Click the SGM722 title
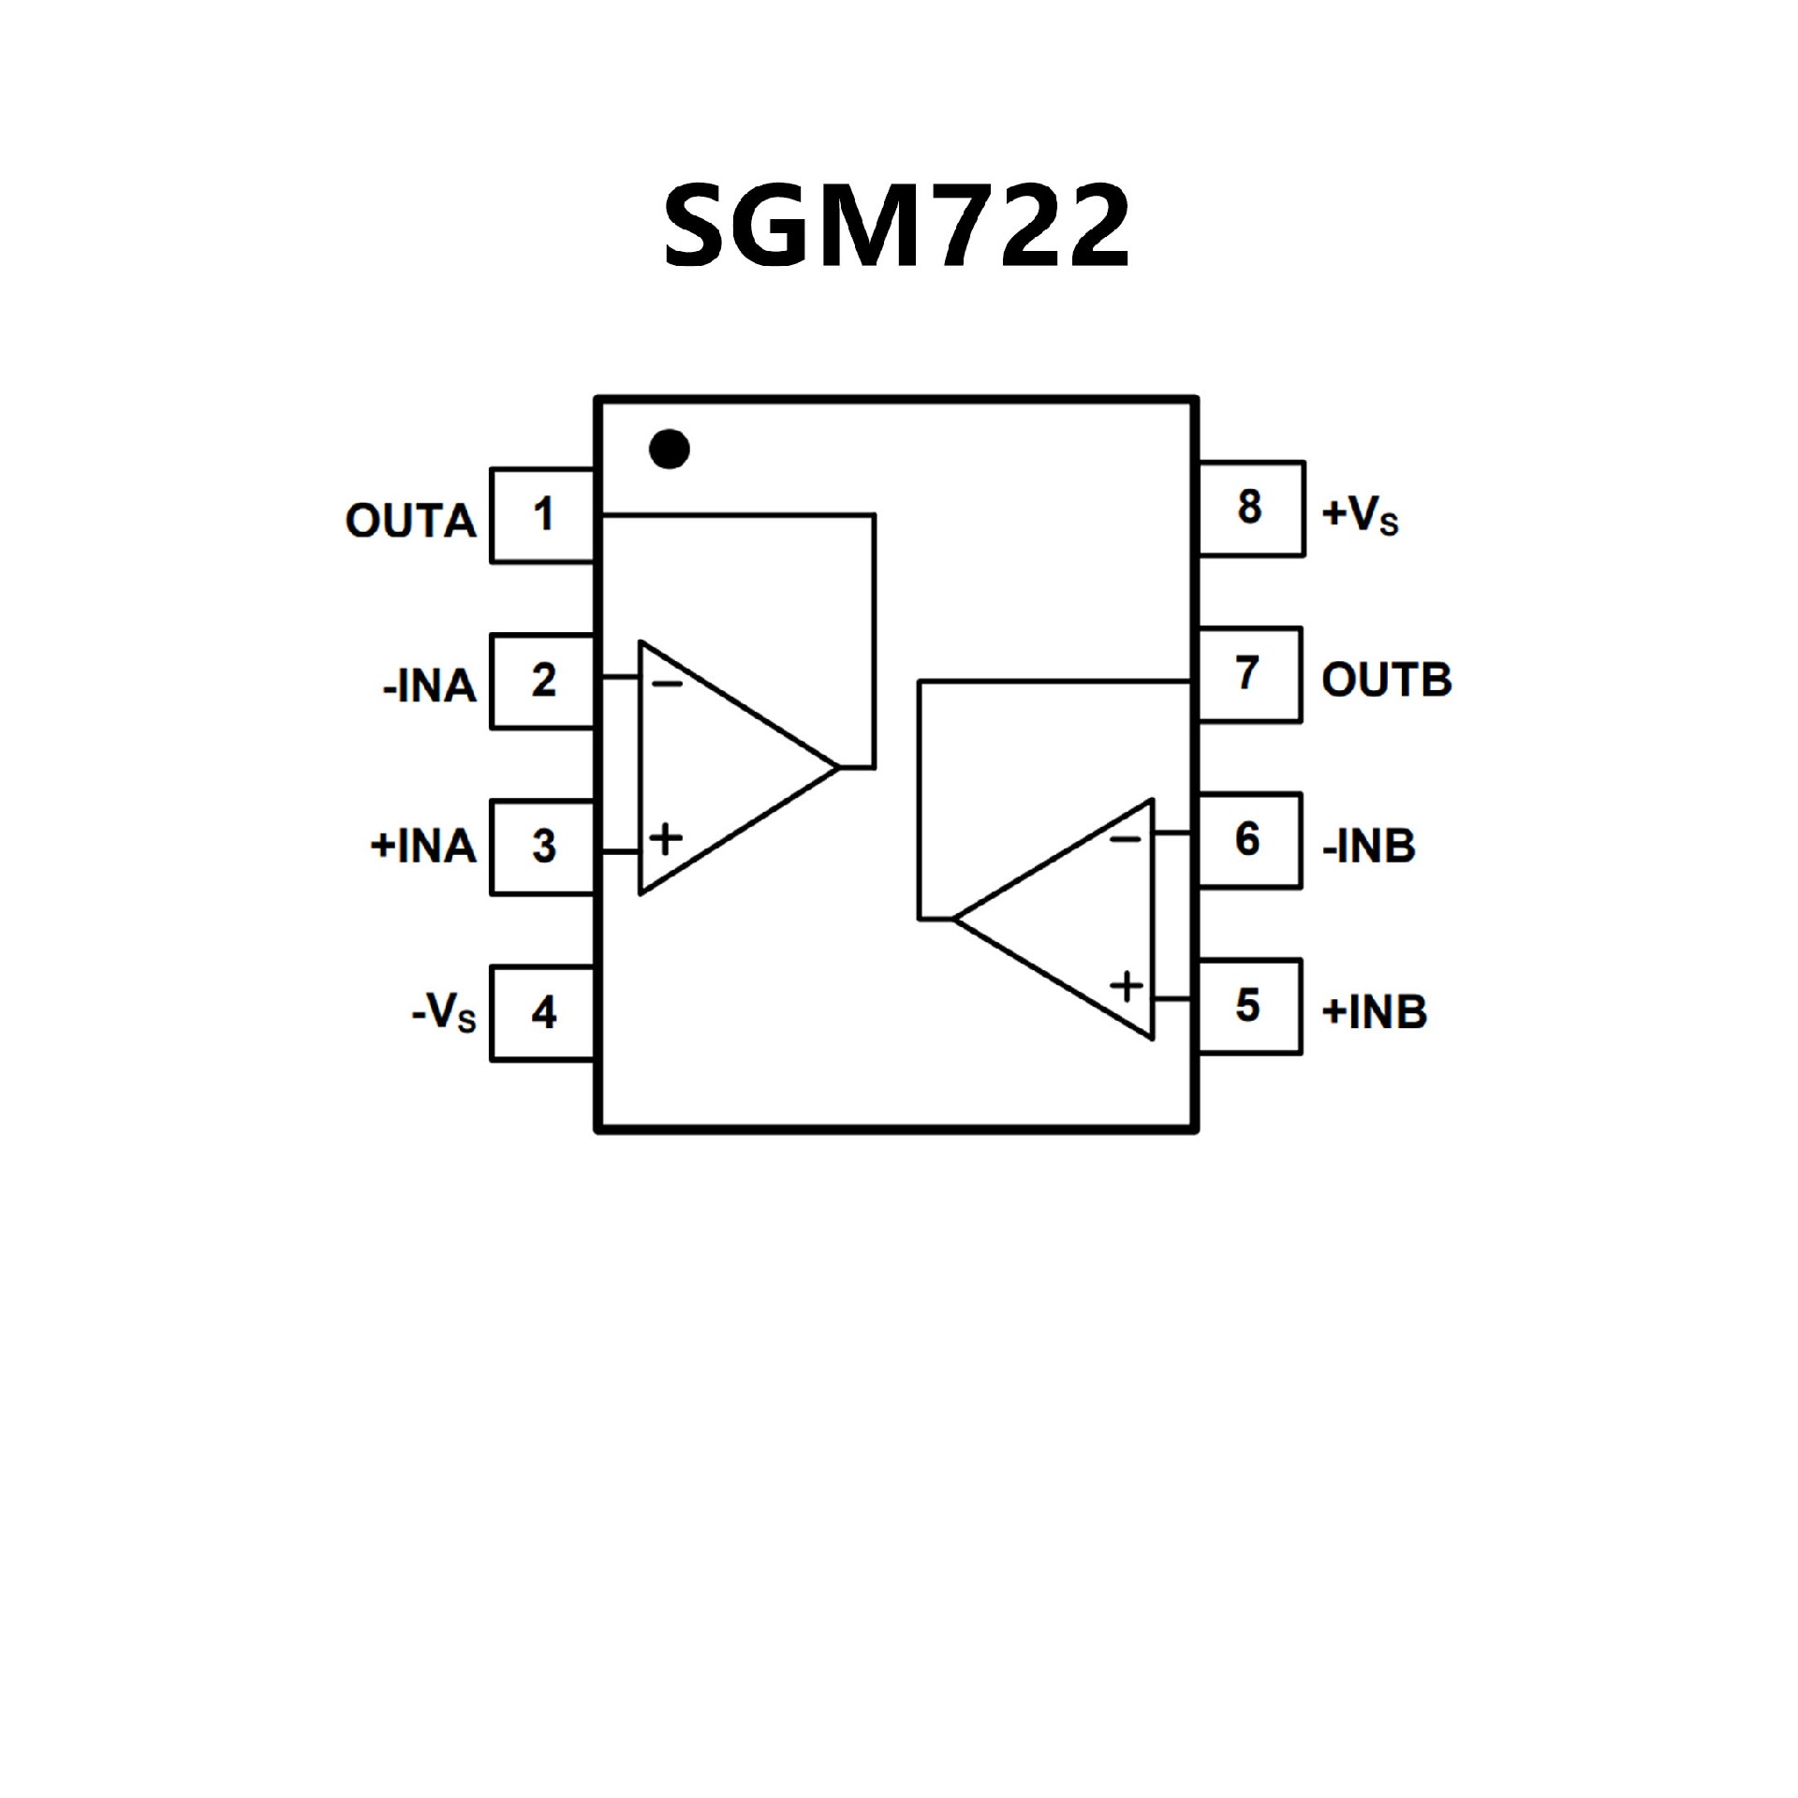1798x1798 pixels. point(897,225)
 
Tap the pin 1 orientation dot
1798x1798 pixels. point(670,449)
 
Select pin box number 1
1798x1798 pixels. point(543,515)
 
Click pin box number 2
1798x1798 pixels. point(543,681)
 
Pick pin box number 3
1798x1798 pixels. point(543,847)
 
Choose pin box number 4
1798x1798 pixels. point(543,1012)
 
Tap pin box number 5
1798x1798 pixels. point(1248,1006)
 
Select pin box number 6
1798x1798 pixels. point(1248,840)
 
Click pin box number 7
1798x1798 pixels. point(1248,674)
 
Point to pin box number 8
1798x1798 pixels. point(1250,508)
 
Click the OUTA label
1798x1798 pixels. point(411,522)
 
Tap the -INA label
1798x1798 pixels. point(430,687)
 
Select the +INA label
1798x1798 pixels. point(424,847)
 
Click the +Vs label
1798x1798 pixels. point(1360,514)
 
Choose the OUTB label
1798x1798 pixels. point(1386,681)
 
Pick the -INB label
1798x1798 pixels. point(1368,847)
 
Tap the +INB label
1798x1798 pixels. point(1374,1012)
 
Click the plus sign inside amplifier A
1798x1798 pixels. point(666,838)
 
